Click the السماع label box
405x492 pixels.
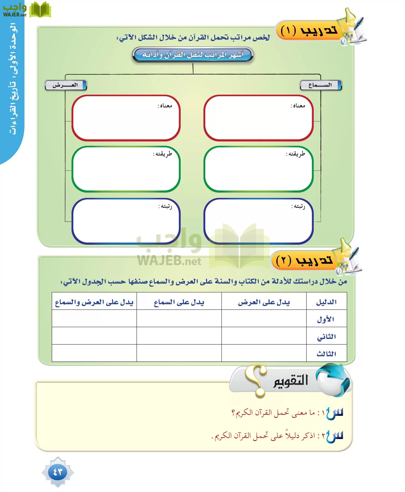(x=321, y=85)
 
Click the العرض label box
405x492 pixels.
(x=66, y=85)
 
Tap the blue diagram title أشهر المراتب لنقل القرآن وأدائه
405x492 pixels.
(x=193, y=55)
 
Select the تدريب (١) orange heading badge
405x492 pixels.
(x=309, y=31)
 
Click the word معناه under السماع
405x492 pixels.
(x=298, y=106)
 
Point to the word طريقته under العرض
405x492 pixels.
(x=163, y=154)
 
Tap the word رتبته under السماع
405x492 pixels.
(x=298, y=206)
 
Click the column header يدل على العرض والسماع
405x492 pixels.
(x=94, y=302)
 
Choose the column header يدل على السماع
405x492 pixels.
(x=179, y=302)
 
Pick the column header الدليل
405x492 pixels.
(x=326, y=302)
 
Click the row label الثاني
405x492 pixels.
(x=326, y=336)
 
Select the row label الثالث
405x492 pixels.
(x=326, y=354)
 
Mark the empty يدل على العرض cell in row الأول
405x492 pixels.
(x=264, y=319)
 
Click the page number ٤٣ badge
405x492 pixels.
(x=58, y=472)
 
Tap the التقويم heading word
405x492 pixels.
(x=291, y=380)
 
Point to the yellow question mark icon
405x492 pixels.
(x=256, y=380)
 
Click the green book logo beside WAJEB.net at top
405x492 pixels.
(x=40, y=10)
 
